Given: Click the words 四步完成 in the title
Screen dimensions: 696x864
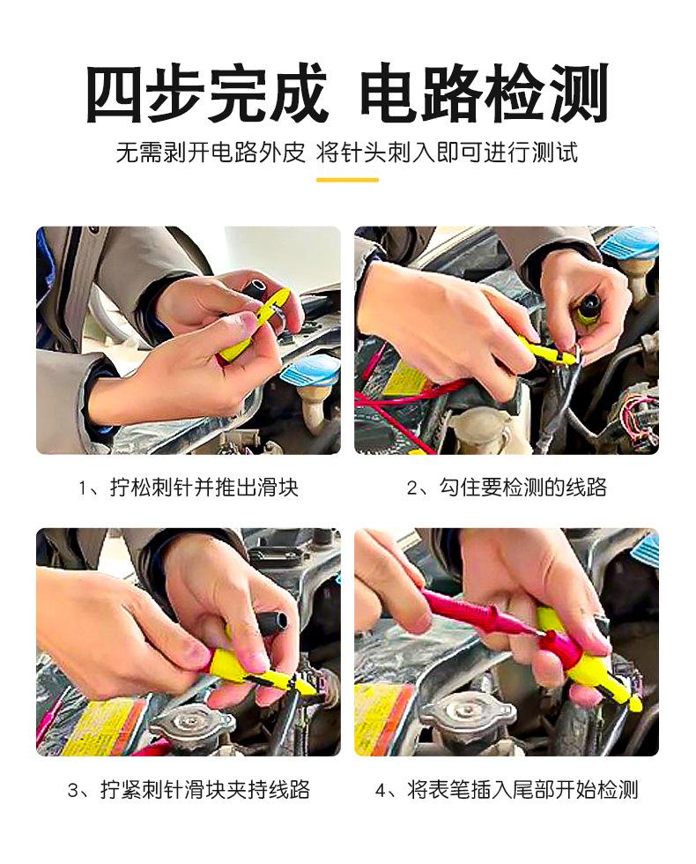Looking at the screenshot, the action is pos(206,93).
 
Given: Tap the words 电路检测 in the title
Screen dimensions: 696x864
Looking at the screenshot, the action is pos(484,93).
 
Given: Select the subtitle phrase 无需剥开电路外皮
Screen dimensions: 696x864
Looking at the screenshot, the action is pos(211,153).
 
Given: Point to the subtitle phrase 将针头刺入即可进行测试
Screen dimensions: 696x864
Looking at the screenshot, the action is pos(447,153).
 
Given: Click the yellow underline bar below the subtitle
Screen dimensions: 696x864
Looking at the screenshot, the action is pos(347,180).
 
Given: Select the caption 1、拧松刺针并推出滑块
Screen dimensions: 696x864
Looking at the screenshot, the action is pos(189,487).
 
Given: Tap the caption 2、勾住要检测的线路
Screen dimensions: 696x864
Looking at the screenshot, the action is pos(507,487).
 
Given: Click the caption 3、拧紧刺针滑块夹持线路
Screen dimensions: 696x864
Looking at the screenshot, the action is pos(189,790).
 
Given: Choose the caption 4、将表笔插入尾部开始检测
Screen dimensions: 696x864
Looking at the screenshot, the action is pos(507,790).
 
